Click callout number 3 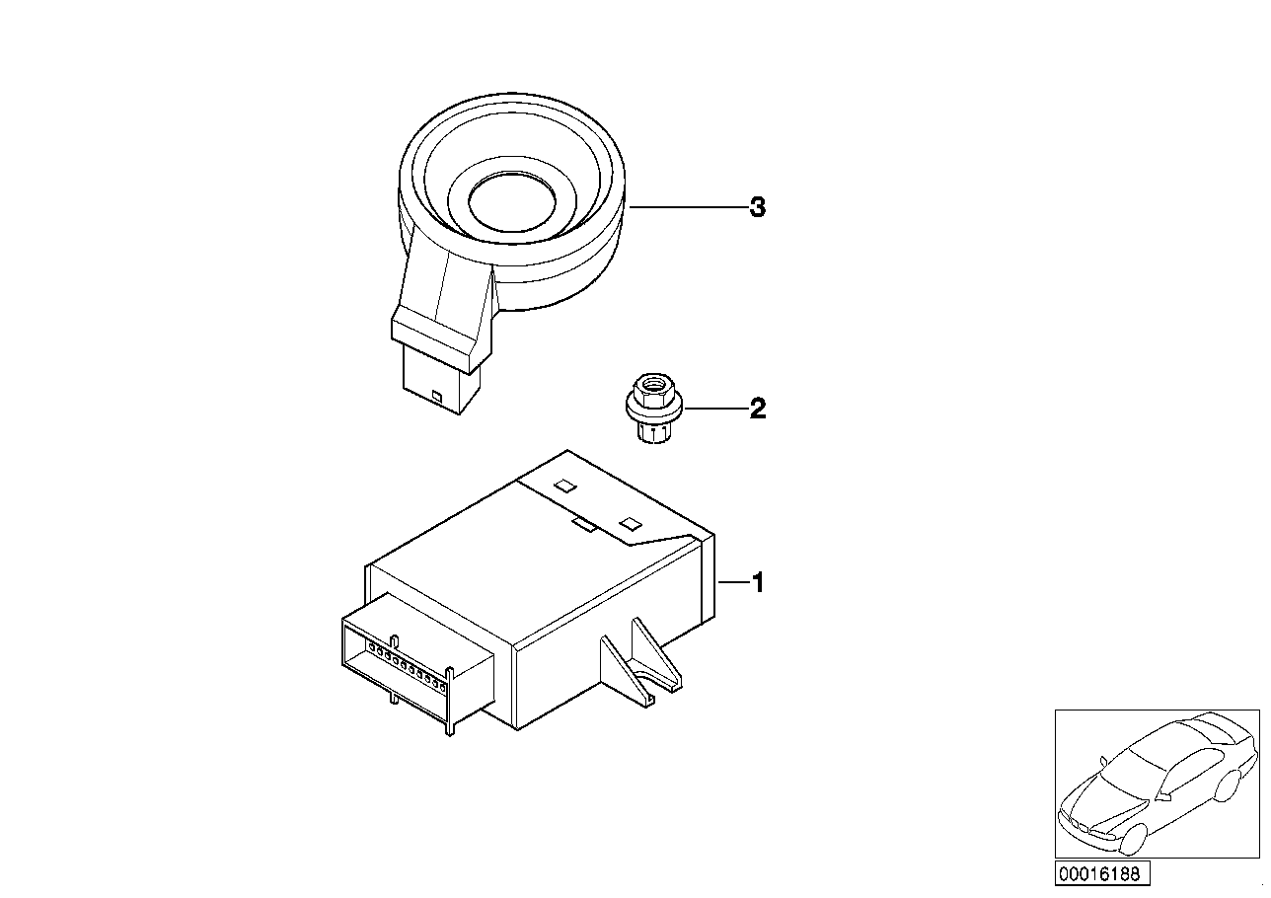point(758,207)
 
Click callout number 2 point(758,409)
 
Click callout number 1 point(758,582)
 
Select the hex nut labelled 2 point(655,408)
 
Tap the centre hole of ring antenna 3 point(512,201)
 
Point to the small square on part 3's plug point(436,396)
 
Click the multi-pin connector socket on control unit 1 point(418,663)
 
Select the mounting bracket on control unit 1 point(641,662)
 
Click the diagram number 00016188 point(1101,873)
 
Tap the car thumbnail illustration point(1157,784)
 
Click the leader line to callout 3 point(688,207)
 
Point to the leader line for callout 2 point(716,409)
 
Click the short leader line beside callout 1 point(733,582)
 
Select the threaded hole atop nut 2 point(654,383)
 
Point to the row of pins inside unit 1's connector point(407,667)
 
